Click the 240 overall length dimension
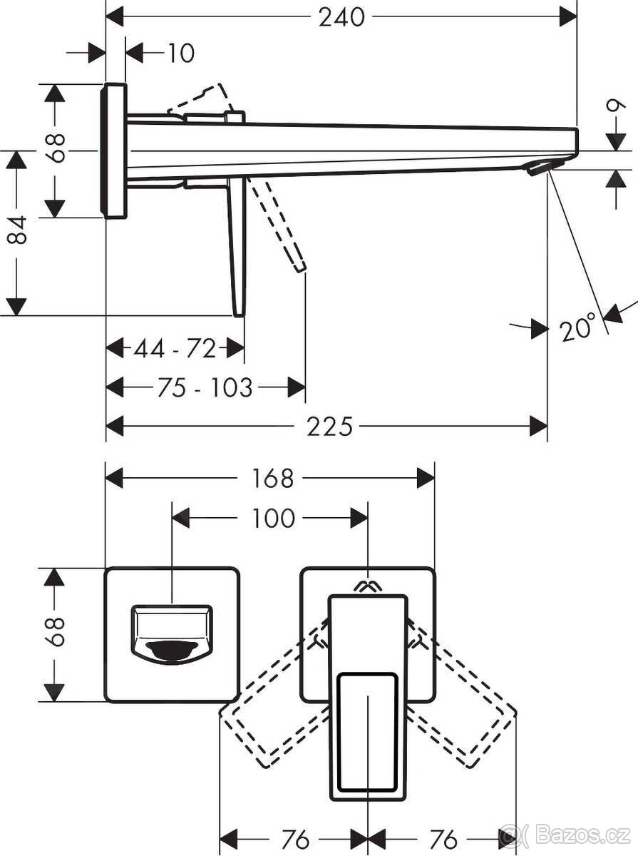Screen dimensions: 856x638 click(x=341, y=17)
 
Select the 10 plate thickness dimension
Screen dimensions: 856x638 click(x=181, y=53)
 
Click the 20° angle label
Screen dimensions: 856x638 click(x=577, y=328)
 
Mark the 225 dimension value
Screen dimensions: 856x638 click(x=330, y=427)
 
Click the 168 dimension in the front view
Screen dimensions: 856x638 click(x=272, y=478)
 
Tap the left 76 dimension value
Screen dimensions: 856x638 click(x=295, y=840)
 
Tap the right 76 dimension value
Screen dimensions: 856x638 click(x=442, y=840)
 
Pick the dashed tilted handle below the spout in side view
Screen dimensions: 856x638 click(x=282, y=225)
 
